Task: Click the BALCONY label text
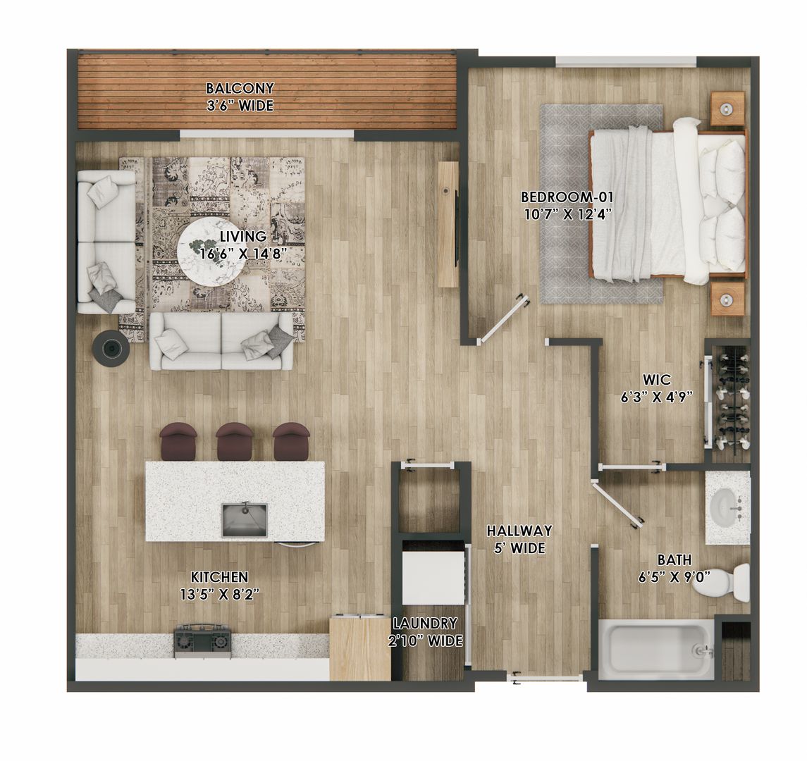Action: (x=240, y=89)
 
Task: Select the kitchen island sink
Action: (x=245, y=519)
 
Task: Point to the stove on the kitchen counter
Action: (x=203, y=640)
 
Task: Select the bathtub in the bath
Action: (x=655, y=649)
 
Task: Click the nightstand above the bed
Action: (x=727, y=109)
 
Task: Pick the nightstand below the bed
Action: (x=727, y=299)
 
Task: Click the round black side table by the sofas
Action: (x=111, y=348)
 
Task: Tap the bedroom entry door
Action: (x=503, y=319)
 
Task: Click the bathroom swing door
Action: (x=617, y=504)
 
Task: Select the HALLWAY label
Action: (x=519, y=531)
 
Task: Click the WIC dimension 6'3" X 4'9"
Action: (x=655, y=397)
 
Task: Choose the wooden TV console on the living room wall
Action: (x=448, y=224)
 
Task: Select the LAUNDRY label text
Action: (x=425, y=624)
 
